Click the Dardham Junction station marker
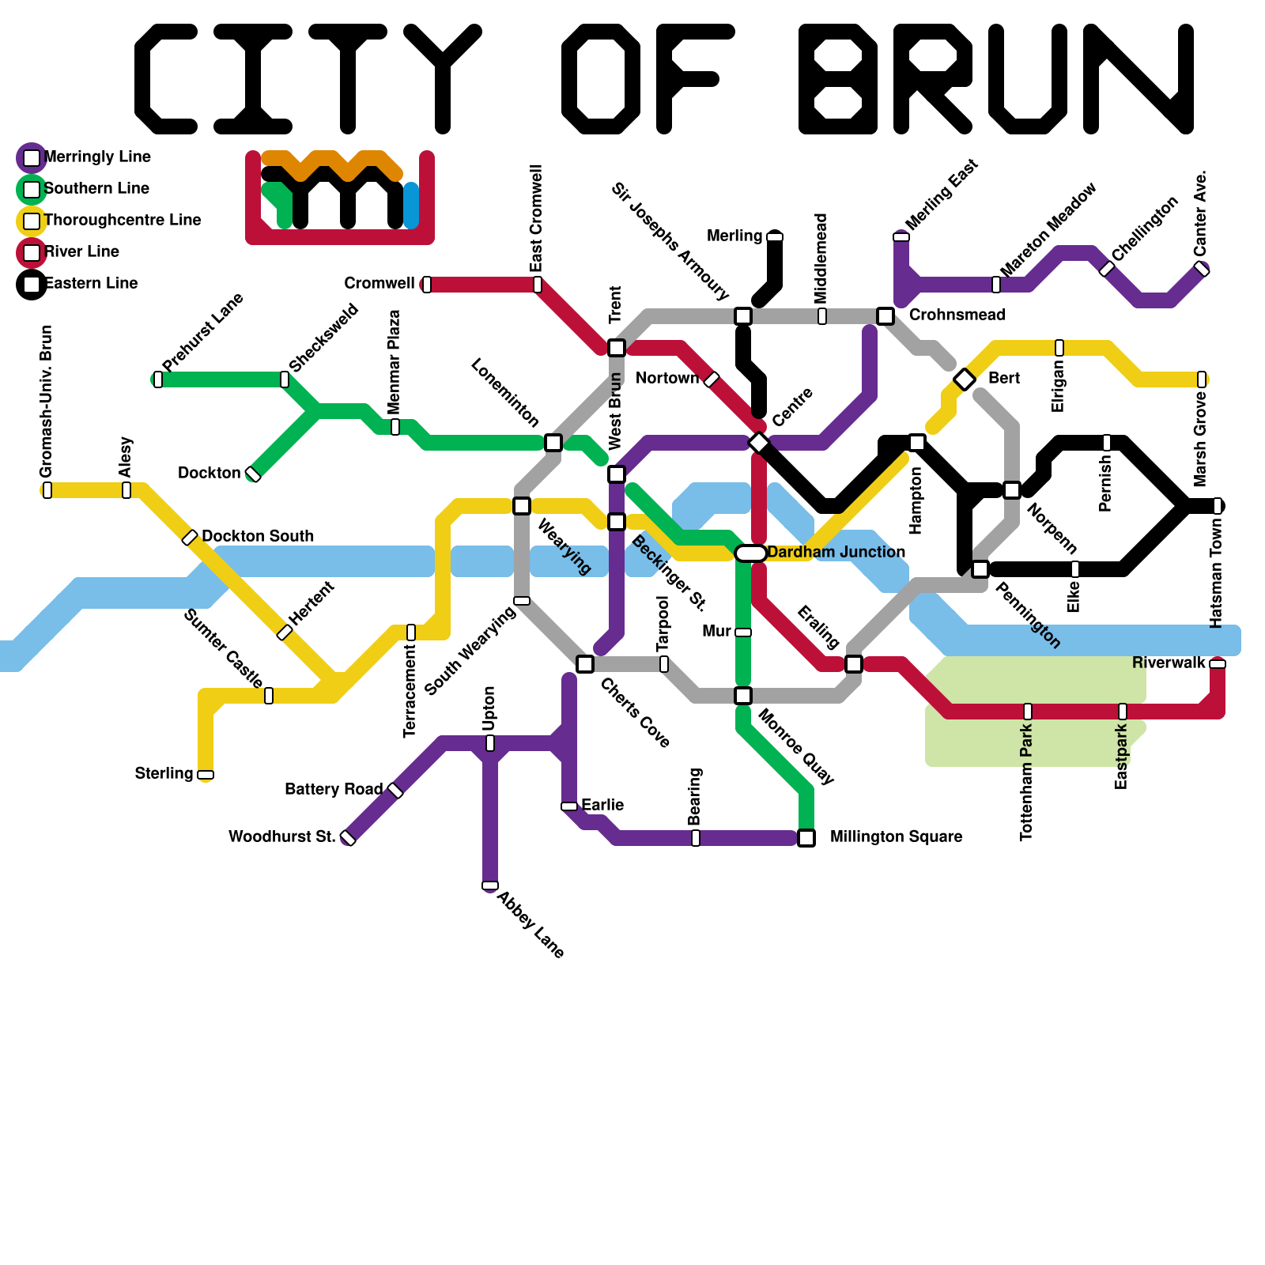751,553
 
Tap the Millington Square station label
896,836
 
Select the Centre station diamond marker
759,443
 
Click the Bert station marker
965,379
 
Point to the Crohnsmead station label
957,315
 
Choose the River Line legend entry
81,251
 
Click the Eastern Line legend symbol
32,284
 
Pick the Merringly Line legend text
97,157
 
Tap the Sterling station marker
206,775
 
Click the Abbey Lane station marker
490,885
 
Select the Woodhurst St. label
281,836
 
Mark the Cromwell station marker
427,285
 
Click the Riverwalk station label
1169,663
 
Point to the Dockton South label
258,536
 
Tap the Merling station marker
775,236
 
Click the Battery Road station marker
395,791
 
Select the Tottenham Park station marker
1028,712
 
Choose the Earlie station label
602,805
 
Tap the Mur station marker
743,632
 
